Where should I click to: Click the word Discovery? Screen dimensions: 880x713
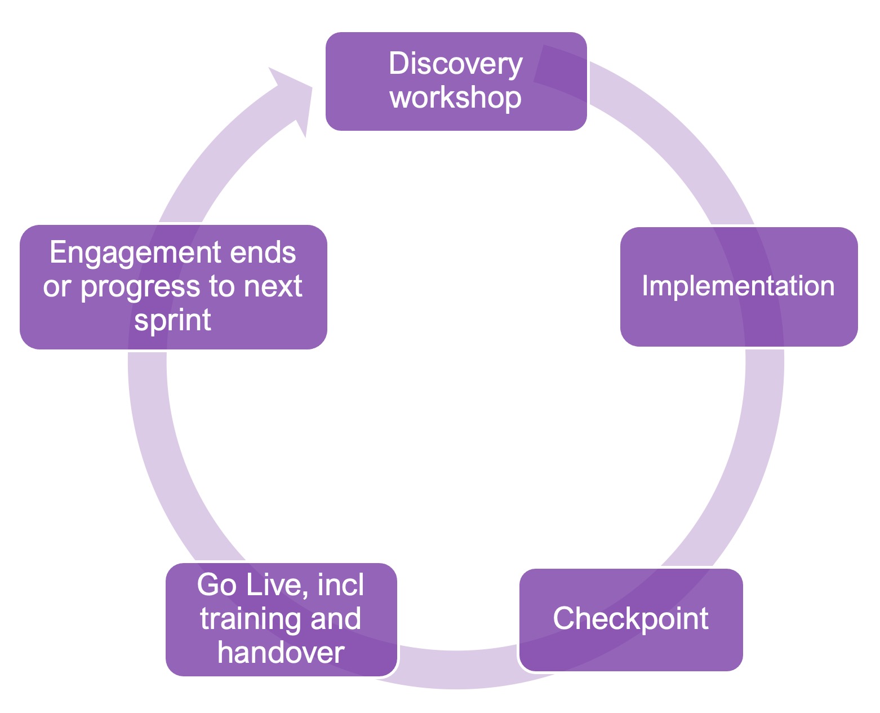pos(455,65)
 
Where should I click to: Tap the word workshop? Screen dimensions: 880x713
pos(455,98)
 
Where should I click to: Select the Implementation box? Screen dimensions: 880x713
pos(739,286)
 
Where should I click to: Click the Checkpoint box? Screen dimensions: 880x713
pos(631,619)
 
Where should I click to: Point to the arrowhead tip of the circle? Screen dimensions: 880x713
pos(312,87)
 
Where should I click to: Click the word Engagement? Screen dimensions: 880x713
pos(136,253)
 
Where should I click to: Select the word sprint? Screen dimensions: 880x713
pos(173,321)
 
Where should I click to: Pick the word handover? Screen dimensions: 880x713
pos(281,653)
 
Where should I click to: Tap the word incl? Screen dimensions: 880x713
pos(340,584)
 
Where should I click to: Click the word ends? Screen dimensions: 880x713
pos(263,252)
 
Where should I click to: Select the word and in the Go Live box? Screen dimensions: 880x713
pos(335,619)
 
